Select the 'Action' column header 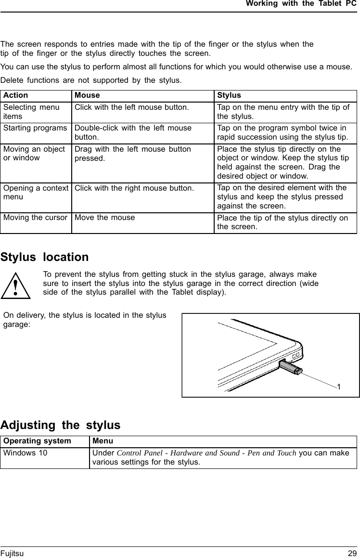click(x=15, y=95)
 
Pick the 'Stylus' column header click(x=229, y=95)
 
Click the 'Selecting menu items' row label click(x=31, y=111)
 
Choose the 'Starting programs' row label click(x=35, y=128)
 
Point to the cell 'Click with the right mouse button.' click(x=134, y=188)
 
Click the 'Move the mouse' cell click(x=104, y=217)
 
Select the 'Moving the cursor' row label click(x=35, y=217)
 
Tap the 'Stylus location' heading click(x=45, y=257)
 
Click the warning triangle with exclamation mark click(x=16, y=286)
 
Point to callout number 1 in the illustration click(x=339, y=387)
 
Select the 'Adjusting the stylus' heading click(x=60, y=425)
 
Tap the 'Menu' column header click(x=103, y=441)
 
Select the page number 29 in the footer click(x=352, y=554)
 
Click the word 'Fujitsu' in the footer click(x=12, y=554)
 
